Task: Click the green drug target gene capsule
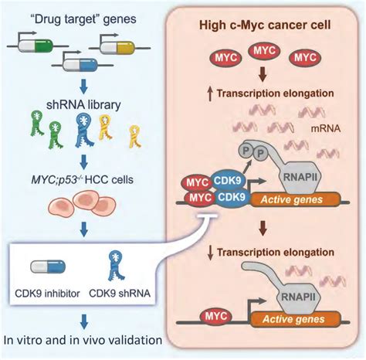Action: point(36,46)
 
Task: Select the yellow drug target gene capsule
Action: point(117,47)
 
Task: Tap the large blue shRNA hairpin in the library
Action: point(84,130)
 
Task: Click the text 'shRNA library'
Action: point(83,105)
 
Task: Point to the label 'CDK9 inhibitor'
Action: point(47,294)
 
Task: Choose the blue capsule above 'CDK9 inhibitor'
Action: point(48,267)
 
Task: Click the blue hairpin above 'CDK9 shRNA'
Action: point(117,266)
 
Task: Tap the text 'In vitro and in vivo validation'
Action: point(83,340)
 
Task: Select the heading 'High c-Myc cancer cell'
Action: point(265,25)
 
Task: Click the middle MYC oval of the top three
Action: point(265,51)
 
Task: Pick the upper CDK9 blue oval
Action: point(228,181)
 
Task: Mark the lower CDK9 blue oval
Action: point(232,198)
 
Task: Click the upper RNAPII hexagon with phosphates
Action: point(300,177)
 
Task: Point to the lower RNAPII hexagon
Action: point(299,297)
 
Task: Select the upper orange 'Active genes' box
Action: point(296,199)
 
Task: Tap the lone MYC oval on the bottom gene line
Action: point(216,317)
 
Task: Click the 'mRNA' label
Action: point(326,129)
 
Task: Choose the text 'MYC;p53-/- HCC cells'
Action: point(83,179)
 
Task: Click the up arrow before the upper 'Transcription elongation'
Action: point(211,94)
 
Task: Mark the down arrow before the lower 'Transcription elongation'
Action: point(211,253)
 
